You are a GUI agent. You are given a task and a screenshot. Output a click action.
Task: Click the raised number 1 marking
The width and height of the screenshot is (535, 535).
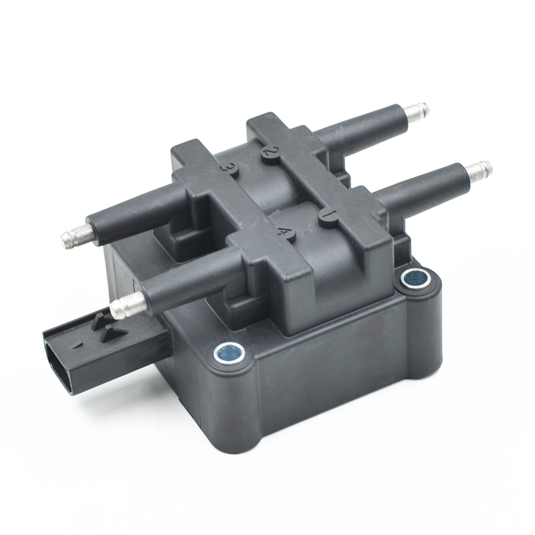point(328,214)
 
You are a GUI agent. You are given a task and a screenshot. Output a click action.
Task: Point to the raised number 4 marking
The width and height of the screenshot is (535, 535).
point(285,232)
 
